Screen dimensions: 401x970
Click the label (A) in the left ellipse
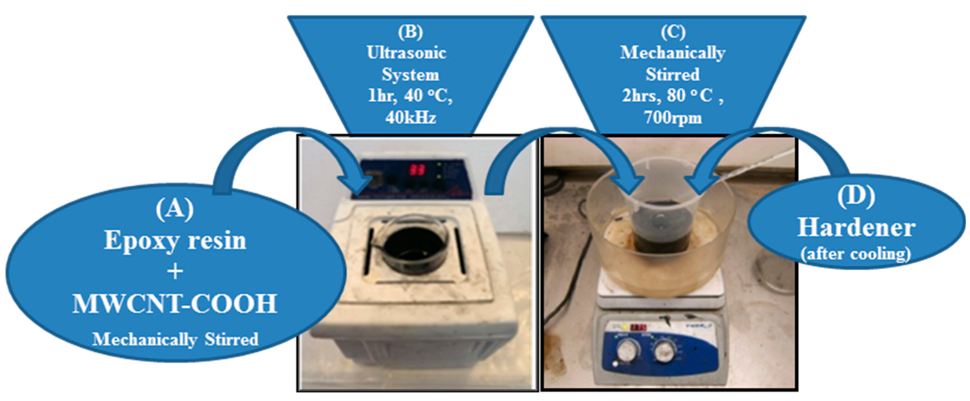click(174, 208)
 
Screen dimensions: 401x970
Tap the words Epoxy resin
click(175, 240)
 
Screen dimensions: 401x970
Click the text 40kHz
click(411, 118)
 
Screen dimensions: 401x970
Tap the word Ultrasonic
click(407, 53)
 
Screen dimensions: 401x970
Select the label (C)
click(673, 32)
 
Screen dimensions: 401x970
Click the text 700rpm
click(673, 118)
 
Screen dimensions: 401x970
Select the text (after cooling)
click(856, 253)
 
